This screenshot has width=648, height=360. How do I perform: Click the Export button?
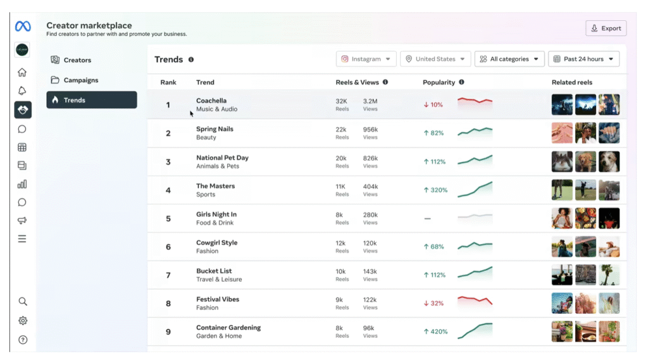tap(606, 28)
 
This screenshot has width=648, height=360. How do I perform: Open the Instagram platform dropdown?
tap(366, 59)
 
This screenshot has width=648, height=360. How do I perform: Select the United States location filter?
tap(435, 59)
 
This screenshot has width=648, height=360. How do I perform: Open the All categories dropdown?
tap(509, 59)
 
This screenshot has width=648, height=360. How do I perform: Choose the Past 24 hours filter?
tap(583, 59)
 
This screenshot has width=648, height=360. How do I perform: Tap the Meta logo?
tap(23, 27)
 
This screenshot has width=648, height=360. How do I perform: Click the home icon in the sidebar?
tap(22, 72)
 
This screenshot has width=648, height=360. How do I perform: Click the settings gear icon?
tap(23, 321)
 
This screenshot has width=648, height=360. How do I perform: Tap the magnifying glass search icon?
tap(23, 301)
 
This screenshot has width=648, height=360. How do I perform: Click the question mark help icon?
tap(23, 340)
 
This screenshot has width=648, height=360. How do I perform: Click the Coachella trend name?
tap(211, 101)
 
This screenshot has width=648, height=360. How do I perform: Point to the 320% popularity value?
tap(439, 190)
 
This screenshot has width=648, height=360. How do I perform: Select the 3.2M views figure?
tap(370, 101)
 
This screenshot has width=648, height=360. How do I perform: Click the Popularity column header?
tap(439, 82)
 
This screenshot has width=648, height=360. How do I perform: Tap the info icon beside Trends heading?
tap(191, 59)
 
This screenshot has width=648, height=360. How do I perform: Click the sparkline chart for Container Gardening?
tap(475, 331)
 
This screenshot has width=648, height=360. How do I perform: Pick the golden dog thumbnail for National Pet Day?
tap(585, 161)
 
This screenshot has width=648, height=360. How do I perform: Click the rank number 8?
tap(168, 304)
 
